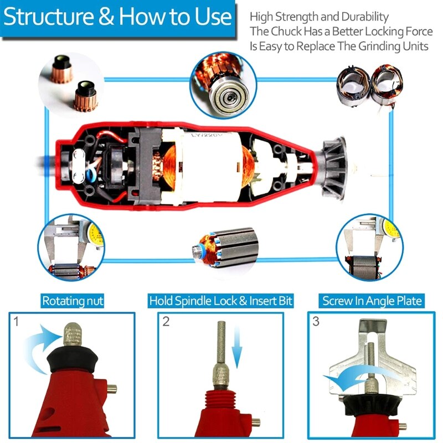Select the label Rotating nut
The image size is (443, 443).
pos(73,301)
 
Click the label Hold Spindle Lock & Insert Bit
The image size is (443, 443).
pos(221,301)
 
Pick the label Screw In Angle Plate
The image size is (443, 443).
pos(372,301)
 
